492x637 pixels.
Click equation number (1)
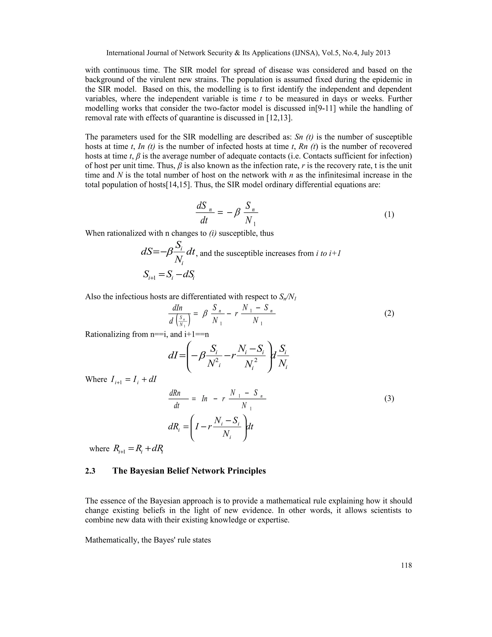(x=389, y=215)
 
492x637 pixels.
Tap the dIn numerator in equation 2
(x=177, y=308)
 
